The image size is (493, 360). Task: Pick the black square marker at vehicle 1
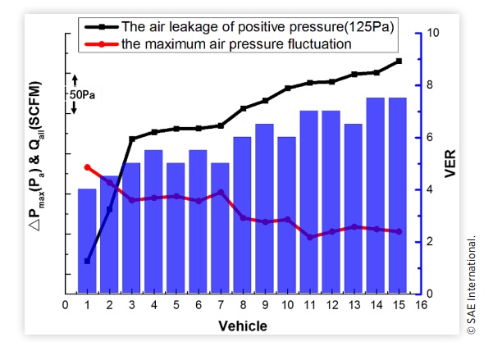click(87, 261)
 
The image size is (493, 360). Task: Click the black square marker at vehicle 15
click(399, 61)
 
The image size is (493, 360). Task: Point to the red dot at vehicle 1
click(87, 167)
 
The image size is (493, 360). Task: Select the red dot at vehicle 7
click(221, 192)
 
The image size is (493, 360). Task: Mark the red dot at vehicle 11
click(309, 237)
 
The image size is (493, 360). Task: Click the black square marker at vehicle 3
click(131, 139)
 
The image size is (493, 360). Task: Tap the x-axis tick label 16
click(421, 306)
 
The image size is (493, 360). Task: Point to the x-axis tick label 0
click(66, 306)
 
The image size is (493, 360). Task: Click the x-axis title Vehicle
click(242, 326)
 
